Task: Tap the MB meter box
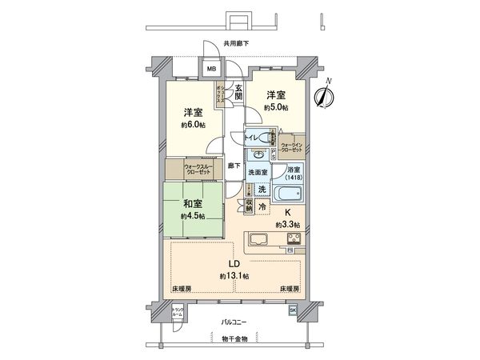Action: pyautogui.click(x=211, y=70)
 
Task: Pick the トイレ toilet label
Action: pyautogui.click(x=250, y=138)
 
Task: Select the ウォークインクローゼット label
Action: pyautogui.click(x=292, y=146)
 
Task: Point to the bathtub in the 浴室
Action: pyautogui.click(x=287, y=194)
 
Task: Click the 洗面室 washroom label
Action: pyautogui.click(x=257, y=172)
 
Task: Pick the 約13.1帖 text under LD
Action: pyautogui.click(x=235, y=276)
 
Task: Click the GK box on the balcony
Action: pyautogui.click(x=294, y=310)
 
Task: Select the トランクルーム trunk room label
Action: pyautogui.click(x=178, y=312)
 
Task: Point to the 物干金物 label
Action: pyautogui.click(x=234, y=339)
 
